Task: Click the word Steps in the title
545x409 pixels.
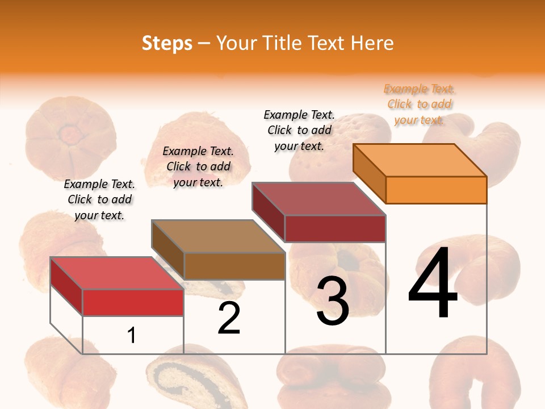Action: (167, 43)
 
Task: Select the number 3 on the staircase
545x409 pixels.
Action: (332, 301)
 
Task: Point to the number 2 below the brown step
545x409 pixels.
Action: (229, 318)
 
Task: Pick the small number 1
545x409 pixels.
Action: (131, 335)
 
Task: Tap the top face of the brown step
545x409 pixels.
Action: (219, 236)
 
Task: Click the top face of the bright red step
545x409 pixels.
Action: (117, 273)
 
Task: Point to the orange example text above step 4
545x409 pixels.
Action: (420, 105)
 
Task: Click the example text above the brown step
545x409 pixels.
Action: (198, 167)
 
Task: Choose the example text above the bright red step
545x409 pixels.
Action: (99, 200)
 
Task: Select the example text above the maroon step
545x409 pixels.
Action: (299, 131)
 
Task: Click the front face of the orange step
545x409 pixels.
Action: (436, 190)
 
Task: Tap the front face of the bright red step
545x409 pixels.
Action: (133, 302)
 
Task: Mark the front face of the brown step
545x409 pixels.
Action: (234, 266)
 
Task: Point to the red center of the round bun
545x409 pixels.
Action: (71, 136)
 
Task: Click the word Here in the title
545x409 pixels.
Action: (372, 43)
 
